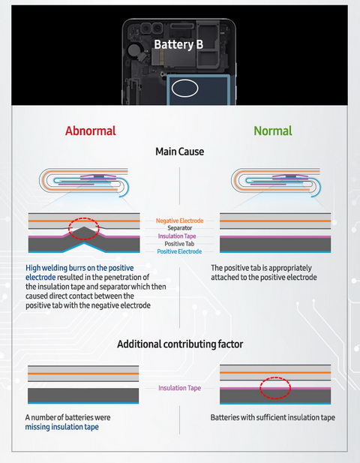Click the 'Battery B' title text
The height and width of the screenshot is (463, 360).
tap(178, 44)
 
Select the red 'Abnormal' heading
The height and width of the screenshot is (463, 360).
tap(91, 131)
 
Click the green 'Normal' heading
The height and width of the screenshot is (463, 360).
tap(273, 131)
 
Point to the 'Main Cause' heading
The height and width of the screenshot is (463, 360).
tap(180, 152)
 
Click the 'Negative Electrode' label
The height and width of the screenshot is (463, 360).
tap(180, 221)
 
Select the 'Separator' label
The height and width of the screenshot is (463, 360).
tap(180, 228)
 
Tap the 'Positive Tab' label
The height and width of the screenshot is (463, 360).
tap(179, 244)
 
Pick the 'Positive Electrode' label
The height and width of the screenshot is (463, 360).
tap(179, 251)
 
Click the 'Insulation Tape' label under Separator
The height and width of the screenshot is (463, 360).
tap(177, 236)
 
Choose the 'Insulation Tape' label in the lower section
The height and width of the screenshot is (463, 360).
tap(180, 388)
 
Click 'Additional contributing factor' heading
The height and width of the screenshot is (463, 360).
tap(180, 344)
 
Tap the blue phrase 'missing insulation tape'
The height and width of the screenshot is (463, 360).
tap(62, 427)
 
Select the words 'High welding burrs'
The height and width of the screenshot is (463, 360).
tap(55, 268)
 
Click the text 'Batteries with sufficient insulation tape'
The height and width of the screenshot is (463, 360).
tap(273, 417)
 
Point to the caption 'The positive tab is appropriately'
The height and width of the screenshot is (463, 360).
tap(261, 268)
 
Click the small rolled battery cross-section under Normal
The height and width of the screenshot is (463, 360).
tap(276, 182)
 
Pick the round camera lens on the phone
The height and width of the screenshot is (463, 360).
tap(158, 29)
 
